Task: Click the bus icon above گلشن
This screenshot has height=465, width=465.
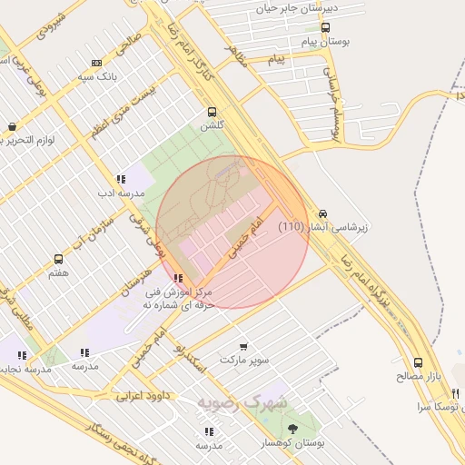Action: [212, 112]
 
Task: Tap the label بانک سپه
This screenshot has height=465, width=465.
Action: [97, 77]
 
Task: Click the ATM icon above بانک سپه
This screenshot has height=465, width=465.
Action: [97, 63]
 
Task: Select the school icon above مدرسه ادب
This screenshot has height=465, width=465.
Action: [121, 179]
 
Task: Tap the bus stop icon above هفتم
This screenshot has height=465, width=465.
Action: [59, 260]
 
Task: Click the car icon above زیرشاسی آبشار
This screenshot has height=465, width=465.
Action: [323, 213]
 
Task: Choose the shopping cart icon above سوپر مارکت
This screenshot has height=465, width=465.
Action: [243, 346]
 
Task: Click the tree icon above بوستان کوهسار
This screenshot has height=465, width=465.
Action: [292, 428]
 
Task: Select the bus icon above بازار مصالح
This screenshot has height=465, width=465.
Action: [417, 361]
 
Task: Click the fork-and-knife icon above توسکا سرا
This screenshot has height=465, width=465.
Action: [456, 393]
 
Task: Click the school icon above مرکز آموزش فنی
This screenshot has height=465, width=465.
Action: [178, 278]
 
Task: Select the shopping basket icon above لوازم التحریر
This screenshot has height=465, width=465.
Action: [11, 127]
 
